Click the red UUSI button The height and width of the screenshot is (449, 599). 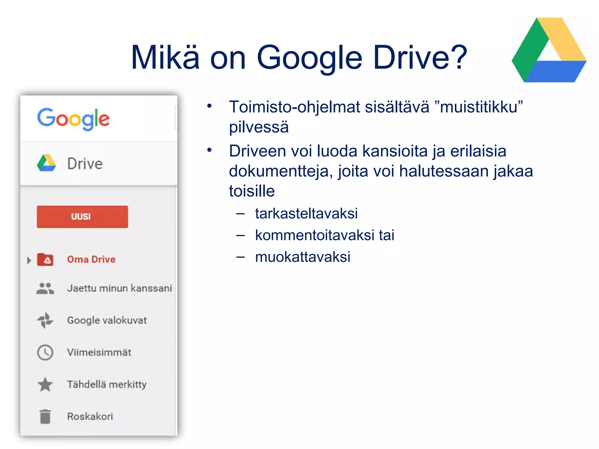tap(82, 217)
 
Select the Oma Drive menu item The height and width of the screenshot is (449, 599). tap(91, 260)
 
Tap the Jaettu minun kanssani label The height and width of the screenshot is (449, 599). tap(119, 289)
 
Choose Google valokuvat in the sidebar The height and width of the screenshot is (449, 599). tap(107, 320)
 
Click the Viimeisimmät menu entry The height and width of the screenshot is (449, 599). tap(99, 353)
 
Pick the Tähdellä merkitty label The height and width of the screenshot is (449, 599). tap(107, 384)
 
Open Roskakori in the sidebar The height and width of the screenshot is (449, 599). tap(90, 417)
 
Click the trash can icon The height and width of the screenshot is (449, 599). tap(45, 417)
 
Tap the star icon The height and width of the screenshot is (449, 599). tap(45, 384)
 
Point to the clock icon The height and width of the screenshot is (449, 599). tap(45, 353)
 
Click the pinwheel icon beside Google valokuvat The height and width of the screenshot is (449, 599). tap(45, 320)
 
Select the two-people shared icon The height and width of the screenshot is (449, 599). tap(45, 289)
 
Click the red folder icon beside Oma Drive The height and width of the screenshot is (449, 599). tap(45, 260)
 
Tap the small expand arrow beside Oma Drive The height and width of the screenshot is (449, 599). tap(29, 260)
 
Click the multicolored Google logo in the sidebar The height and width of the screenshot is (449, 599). tap(73, 119)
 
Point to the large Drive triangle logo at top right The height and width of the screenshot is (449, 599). tap(549, 51)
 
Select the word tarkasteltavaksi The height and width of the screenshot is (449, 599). tap(306, 213)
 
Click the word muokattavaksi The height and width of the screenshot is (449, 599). tap(302, 257)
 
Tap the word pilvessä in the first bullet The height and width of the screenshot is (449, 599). tap(259, 127)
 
